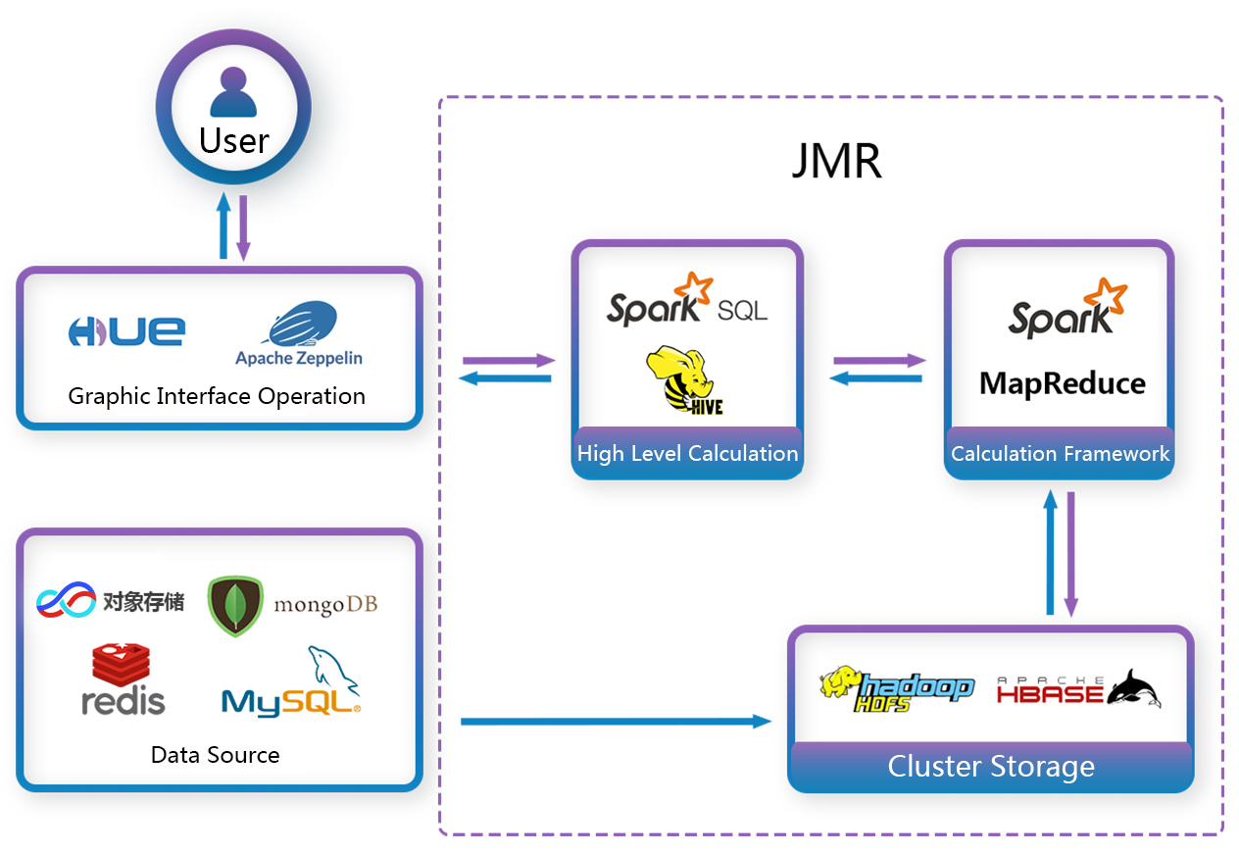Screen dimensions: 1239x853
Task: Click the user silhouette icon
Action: [x=233, y=92]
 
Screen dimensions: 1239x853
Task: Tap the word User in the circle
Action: [x=233, y=140]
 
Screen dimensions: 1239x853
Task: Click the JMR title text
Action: [x=836, y=161]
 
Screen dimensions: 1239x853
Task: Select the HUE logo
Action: [x=126, y=331]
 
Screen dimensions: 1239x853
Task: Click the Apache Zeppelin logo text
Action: [x=299, y=358]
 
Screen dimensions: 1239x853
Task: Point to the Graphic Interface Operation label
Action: [x=217, y=396]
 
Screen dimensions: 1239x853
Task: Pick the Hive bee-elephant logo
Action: [x=684, y=379]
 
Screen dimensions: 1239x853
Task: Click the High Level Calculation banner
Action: [x=687, y=453]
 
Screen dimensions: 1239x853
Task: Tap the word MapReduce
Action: [x=1062, y=383]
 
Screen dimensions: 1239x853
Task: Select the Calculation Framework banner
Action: [x=1060, y=453]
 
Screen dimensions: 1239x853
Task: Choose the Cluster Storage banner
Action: [x=991, y=766]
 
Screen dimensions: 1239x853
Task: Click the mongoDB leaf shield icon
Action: [x=235, y=606]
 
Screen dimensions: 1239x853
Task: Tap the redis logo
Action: [x=123, y=679]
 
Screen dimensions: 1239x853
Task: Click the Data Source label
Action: [x=216, y=755]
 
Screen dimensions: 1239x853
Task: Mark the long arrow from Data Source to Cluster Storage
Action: [x=616, y=722]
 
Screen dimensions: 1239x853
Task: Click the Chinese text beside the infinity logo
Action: [x=143, y=602]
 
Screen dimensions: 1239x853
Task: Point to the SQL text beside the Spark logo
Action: [x=742, y=311]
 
